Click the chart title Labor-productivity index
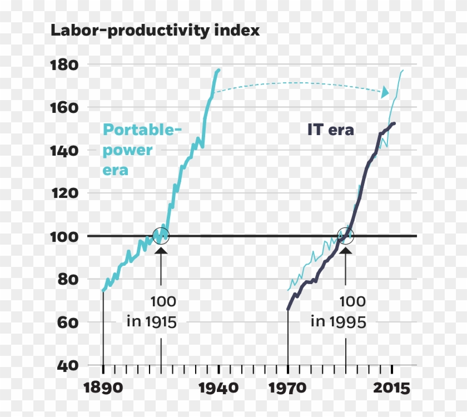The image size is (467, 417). pos(155,31)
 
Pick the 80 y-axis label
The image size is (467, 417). pos(69,279)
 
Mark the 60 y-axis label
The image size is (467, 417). pos(69,322)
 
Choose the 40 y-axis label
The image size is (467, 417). pos(69,365)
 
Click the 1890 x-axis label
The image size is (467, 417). pos(103,388)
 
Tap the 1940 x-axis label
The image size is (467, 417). pos(219,388)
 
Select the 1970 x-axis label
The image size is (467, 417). pos(288,388)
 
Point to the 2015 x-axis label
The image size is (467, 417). pos(391,388)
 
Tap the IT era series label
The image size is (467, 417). pos(331,130)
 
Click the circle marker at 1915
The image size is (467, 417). pos(161,236)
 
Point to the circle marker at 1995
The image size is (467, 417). pos(346,236)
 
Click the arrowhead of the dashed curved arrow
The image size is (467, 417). pos(385,93)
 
